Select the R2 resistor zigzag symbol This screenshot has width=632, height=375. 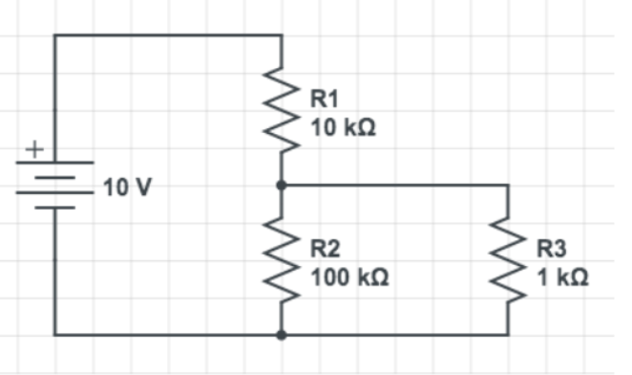click(282, 258)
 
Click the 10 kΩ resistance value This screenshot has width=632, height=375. click(343, 129)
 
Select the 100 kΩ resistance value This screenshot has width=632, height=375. click(349, 278)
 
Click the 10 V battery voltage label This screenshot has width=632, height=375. click(127, 187)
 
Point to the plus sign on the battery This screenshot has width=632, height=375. click(34, 150)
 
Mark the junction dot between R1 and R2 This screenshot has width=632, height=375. click(282, 185)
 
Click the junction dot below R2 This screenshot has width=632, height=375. click(282, 335)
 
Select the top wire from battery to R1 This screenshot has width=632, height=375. click(168, 35)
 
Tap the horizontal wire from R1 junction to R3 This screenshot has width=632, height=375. click(394, 185)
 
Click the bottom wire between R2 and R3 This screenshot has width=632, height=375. click(394, 335)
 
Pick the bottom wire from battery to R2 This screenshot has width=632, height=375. click(168, 335)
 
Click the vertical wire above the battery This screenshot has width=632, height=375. click(55, 96)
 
